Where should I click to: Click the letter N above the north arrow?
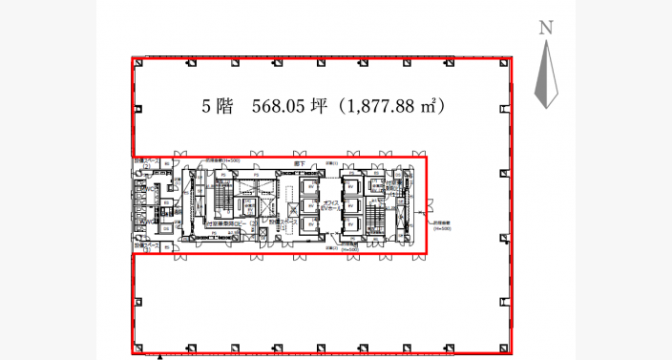(x=546, y=28)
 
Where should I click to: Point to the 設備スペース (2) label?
(x=144, y=161)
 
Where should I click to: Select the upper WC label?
(x=150, y=188)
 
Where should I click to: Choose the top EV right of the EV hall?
(x=349, y=185)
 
